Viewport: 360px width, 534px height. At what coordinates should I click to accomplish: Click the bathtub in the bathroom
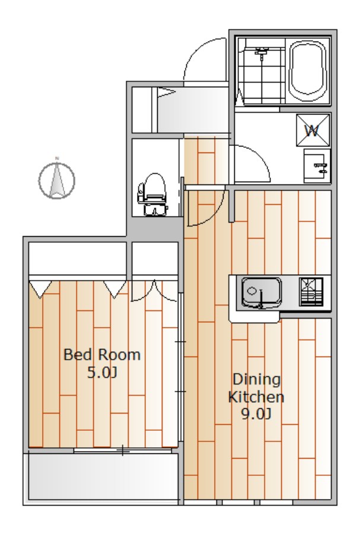(x=308, y=71)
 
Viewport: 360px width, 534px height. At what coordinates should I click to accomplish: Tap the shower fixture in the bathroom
(x=262, y=53)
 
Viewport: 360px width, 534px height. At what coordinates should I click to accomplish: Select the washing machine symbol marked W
(x=313, y=130)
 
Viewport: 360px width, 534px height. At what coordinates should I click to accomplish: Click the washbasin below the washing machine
(x=317, y=166)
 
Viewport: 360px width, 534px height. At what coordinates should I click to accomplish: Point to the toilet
(x=152, y=194)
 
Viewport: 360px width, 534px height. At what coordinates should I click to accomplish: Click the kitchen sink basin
(x=262, y=292)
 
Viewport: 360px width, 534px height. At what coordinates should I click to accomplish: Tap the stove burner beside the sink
(x=311, y=291)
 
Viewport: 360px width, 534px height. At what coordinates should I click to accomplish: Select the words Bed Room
(x=102, y=355)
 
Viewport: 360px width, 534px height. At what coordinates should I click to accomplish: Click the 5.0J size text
(x=102, y=373)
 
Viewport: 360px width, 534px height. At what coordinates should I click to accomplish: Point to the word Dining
(x=257, y=379)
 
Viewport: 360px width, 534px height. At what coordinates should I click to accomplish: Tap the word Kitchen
(x=256, y=397)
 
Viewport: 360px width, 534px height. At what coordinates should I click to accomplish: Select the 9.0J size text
(x=256, y=414)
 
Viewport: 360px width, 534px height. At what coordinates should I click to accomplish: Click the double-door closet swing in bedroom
(x=155, y=291)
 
